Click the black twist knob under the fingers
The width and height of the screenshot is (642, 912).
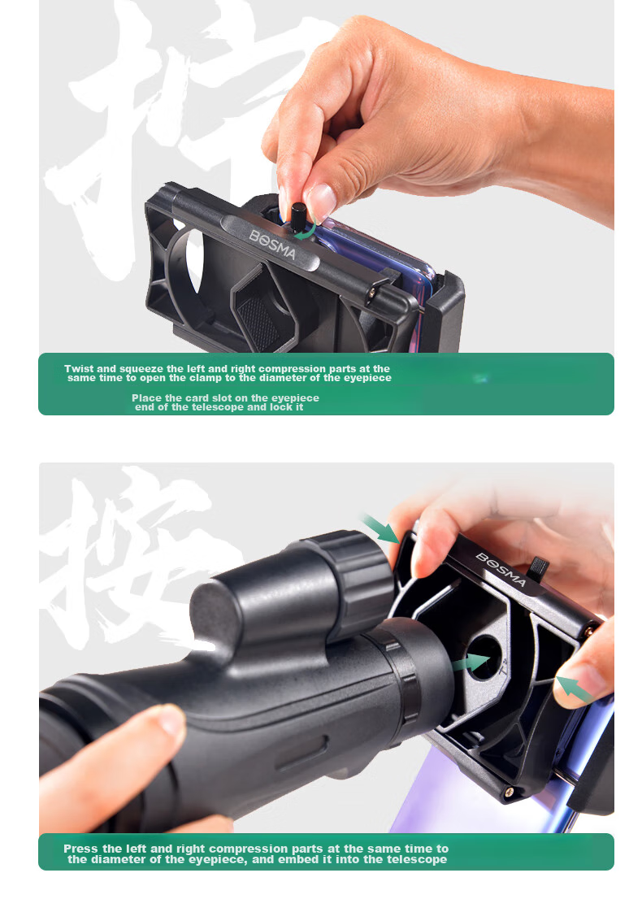pyautogui.click(x=298, y=216)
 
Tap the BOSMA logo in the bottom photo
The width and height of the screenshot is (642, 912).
pyautogui.click(x=501, y=570)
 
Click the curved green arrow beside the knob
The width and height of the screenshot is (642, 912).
pyautogui.click(x=306, y=231)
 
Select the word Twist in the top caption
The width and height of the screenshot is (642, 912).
pyautogui.click(x=79, y=369)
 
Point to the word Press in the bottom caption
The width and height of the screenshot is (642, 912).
pyautogui.click(x=80, y=849)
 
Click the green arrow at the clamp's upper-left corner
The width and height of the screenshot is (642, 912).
pyautogui.click(x=380, y=529)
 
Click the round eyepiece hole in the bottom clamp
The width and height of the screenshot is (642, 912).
pyautogui.click(x=484, y=658)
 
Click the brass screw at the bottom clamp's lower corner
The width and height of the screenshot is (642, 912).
pyautogui.click(x=510, y=791)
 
